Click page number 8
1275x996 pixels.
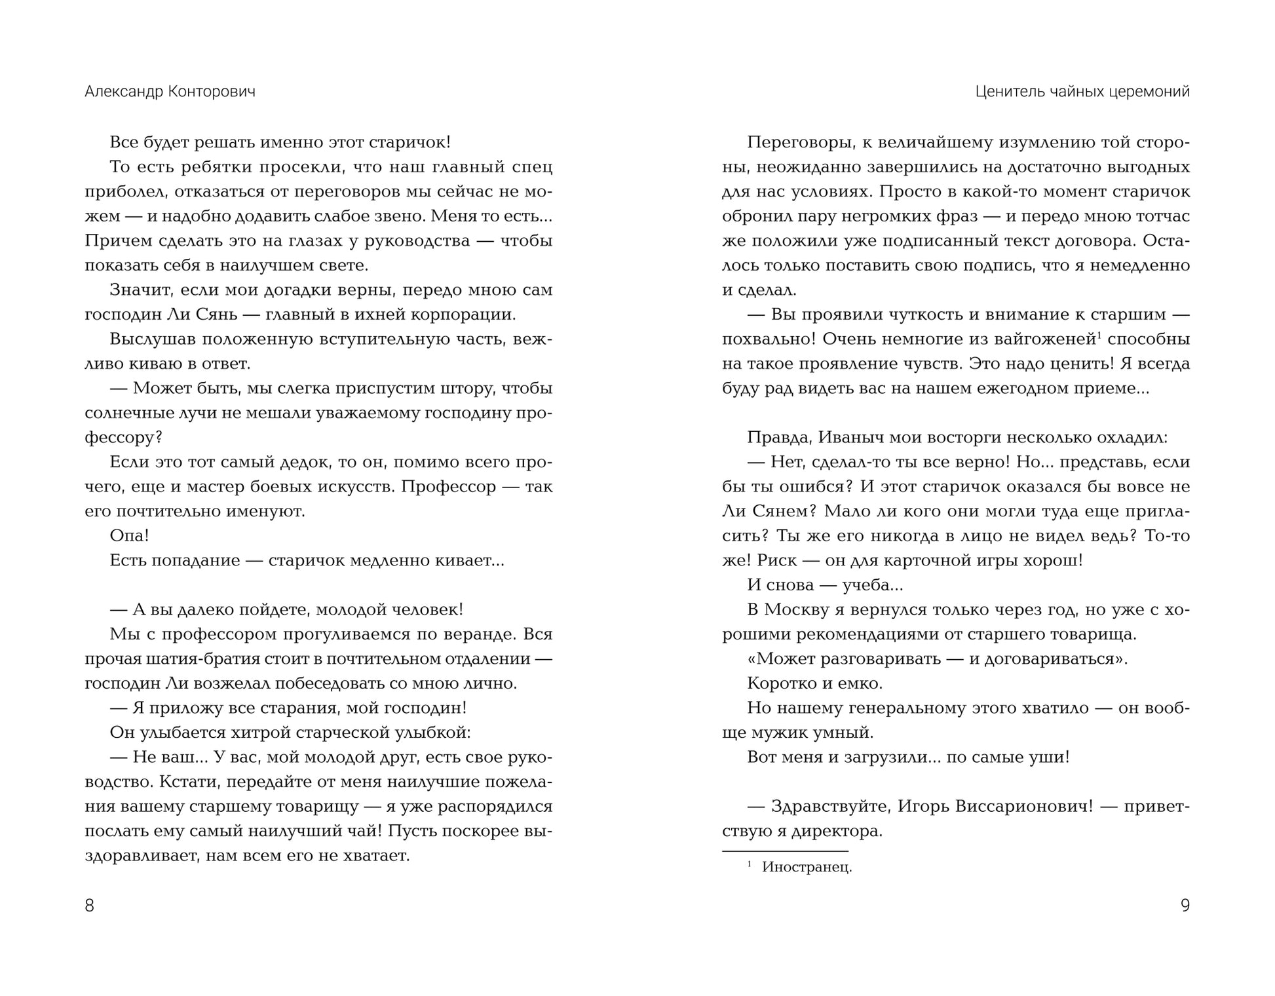click(x=90, y=905)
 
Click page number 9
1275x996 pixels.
click(x=1185, y=905)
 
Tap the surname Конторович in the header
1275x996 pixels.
click(x=212, y=92)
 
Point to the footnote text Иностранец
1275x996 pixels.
click(x=807, y=868)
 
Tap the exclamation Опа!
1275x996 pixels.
click(x=129, y=535)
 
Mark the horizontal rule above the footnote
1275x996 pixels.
click(x=784, y=851)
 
